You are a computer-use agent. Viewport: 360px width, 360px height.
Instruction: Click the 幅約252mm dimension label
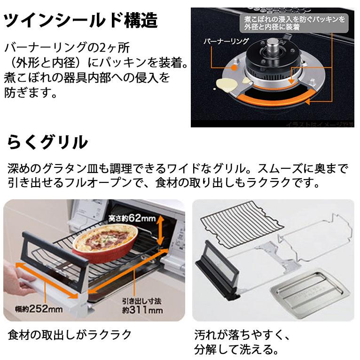click(32, 309)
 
